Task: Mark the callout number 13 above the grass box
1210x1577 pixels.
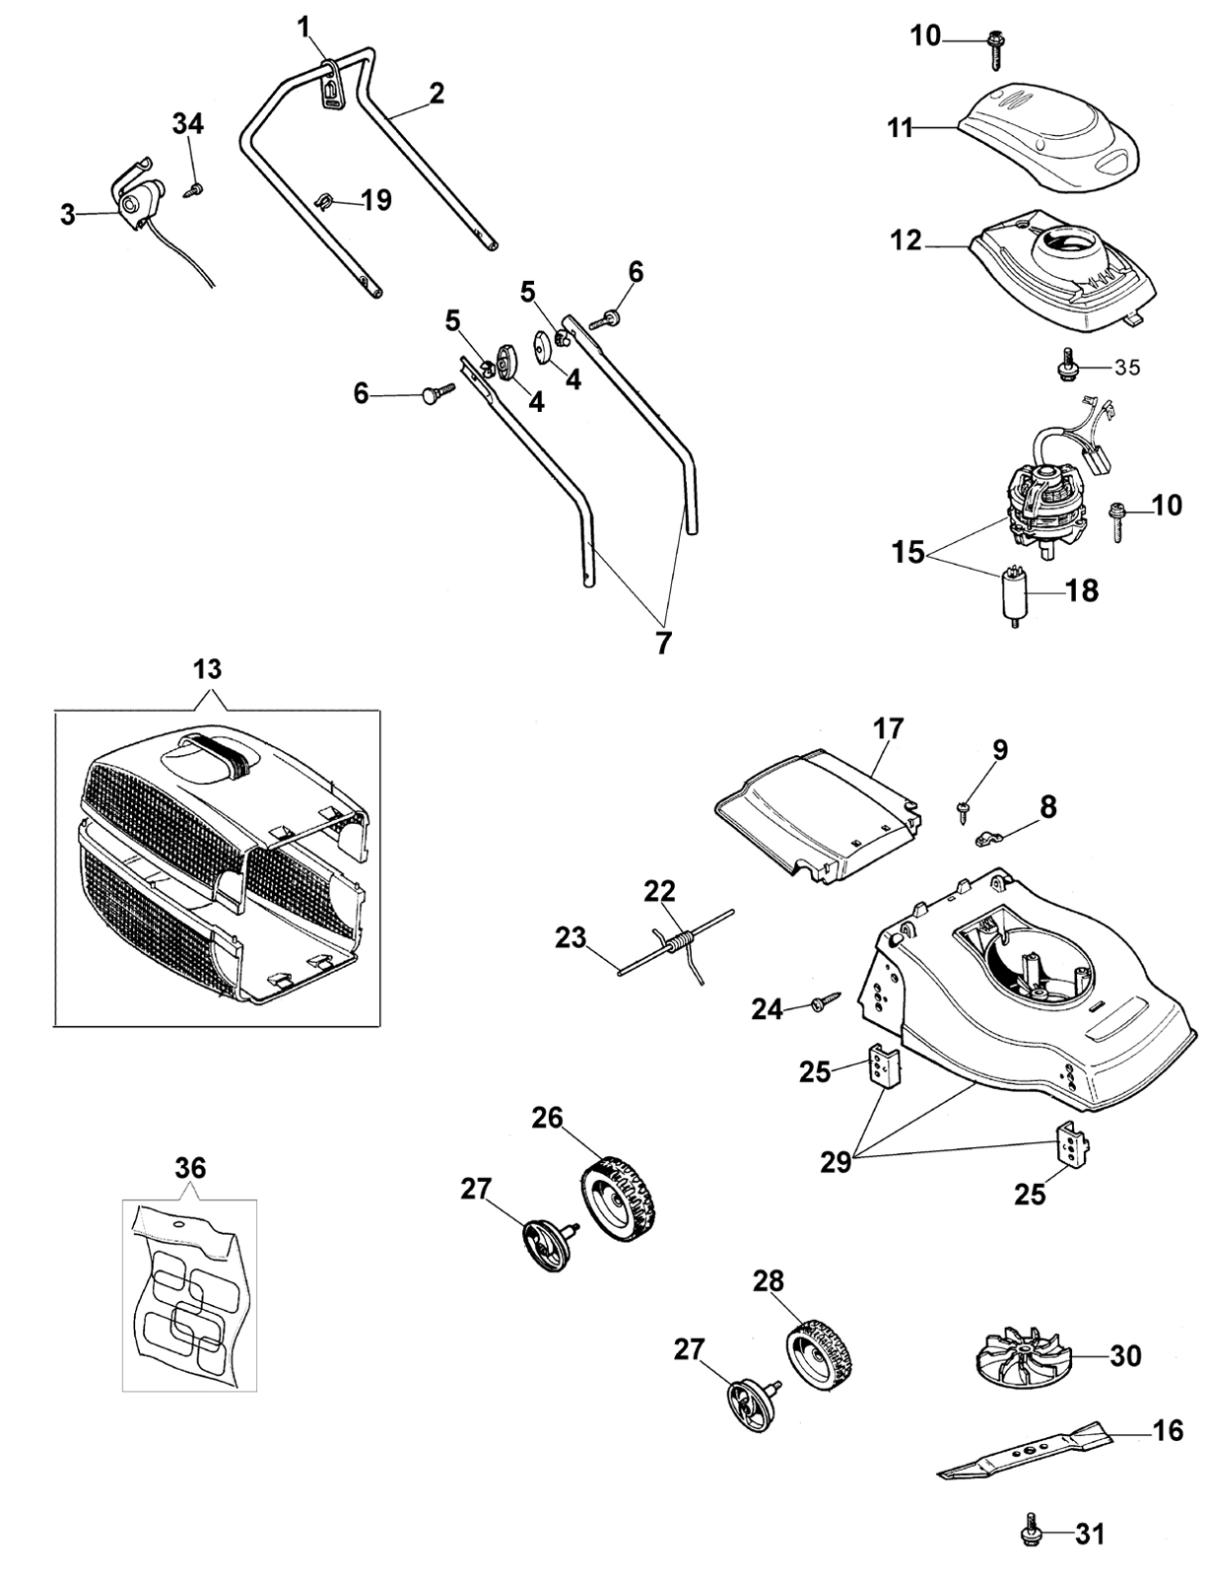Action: coord(207,670)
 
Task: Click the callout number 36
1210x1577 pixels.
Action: coord(190,1168)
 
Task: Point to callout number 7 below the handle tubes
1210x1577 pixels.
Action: coord(662,643)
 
